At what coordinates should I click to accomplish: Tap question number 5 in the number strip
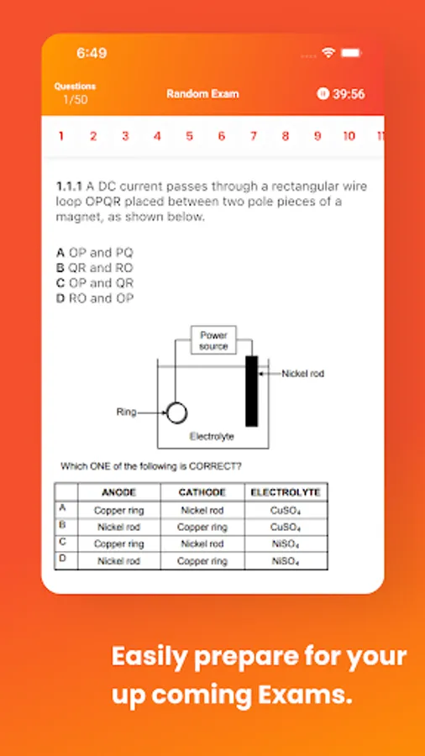tap(189, 136)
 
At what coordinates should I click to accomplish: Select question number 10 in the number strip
tap(349, 136)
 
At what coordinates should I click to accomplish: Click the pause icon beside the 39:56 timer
tap(323, 93)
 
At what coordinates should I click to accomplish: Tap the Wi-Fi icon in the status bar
tap(328, 53)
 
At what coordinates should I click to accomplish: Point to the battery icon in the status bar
tap(352, 53)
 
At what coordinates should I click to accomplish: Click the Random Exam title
tap(202, 94)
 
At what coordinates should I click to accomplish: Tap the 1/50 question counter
tap(75, 100)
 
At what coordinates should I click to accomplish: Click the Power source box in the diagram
tap(213, 340)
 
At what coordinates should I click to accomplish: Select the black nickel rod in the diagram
tap(251, 391)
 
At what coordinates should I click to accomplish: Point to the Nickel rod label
tap(303, 374)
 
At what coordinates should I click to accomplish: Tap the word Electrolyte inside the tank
tap(212, 437)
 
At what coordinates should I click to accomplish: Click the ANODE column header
tap(119, 492)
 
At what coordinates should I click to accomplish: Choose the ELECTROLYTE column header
tap(286, 492)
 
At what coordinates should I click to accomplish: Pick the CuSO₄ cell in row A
tap(286, 511)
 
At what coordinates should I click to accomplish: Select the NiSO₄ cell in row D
tap(286, 561)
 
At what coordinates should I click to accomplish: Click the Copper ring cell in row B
tap(202, 527)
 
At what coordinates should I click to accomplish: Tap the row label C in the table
tap(62, 542)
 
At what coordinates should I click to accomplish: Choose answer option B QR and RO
tap(94, 268)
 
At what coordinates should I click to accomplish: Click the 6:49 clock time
tap(92, 53)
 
